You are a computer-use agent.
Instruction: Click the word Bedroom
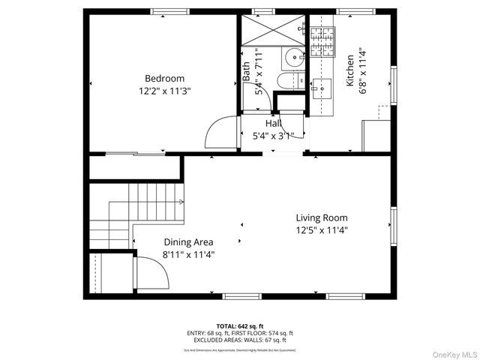(164, 79)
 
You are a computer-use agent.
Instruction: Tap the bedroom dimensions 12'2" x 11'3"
(164, 91)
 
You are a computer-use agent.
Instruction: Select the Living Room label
(321, 218)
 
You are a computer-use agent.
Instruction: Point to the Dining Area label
(188, 242)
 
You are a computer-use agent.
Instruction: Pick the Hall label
(273, 123)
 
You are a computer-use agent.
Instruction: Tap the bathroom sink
(293, 56)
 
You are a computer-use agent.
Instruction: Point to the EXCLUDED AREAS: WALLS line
(240, 339)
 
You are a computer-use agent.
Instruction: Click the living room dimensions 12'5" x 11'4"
(321, 230)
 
